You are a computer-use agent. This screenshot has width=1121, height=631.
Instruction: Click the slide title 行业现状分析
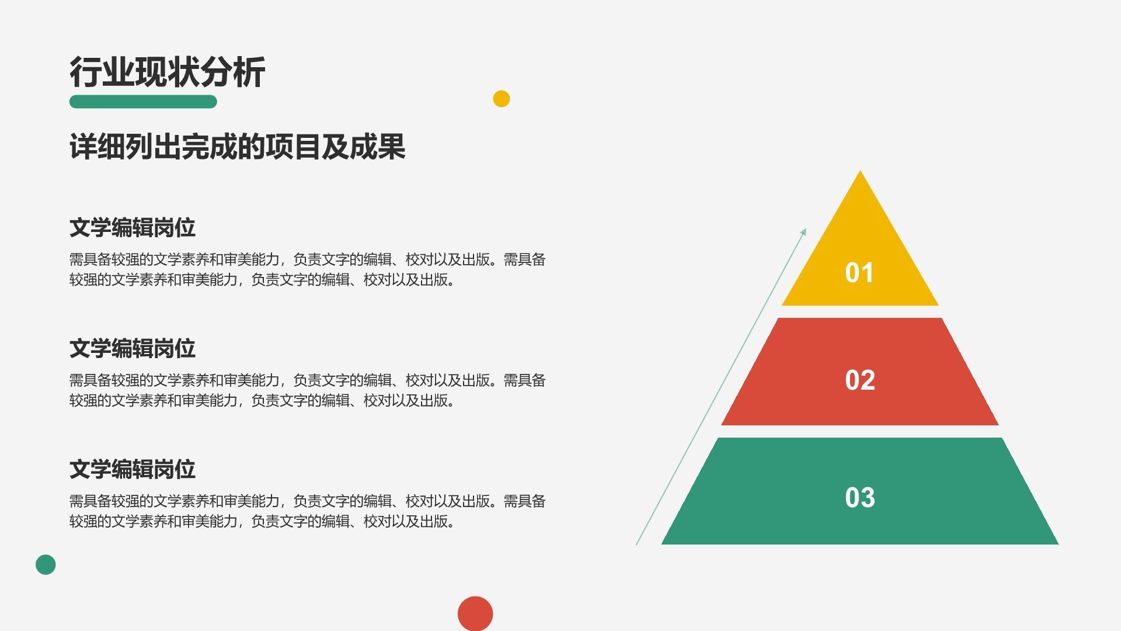click(x=167, y=72)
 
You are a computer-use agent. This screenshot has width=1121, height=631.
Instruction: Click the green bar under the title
click(x=143, y=102)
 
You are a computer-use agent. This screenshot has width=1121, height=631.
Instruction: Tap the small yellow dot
click(x=501, y=99)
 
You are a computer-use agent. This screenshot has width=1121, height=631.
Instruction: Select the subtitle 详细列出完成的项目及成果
click(x=237, y=147)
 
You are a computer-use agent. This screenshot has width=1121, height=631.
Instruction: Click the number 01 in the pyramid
click(x=859, y=273)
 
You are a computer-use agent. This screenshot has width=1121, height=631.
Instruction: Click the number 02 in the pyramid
click(x=859, y=380)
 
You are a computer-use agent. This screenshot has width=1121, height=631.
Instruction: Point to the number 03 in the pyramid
click(x=859, y=498)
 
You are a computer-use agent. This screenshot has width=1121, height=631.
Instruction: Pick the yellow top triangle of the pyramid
click(x=859, y=234)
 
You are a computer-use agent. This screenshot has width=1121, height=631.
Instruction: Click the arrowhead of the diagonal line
click(x=804, y=232)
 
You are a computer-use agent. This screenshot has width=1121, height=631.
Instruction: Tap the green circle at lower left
click(x=46, y=564)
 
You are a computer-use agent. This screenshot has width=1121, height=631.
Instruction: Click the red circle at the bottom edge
click(x=475, y=613)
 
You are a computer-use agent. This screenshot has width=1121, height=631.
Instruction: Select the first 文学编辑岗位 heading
click(x=133, y=228)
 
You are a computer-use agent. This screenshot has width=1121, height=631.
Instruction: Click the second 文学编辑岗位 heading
click(x=133, y=349)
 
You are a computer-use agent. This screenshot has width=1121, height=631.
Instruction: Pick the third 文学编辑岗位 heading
click(x=133, y=470)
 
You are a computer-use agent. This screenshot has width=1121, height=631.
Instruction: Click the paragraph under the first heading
click(x=307, y=269)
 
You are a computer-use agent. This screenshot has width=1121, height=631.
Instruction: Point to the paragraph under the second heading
click(x=307, y=390)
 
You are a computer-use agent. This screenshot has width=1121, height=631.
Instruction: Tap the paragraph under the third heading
click(x=307, y=511)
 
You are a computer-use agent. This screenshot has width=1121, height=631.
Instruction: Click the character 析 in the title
click(x=249, y=72)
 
